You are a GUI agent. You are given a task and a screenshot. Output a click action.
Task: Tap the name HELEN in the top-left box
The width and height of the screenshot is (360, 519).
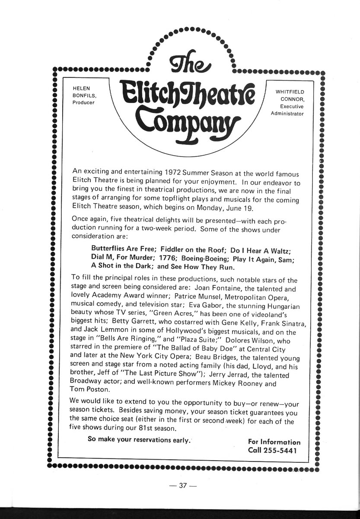click(81, 88)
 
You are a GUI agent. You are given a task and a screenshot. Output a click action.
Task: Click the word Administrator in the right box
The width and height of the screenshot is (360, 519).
click(287, 114)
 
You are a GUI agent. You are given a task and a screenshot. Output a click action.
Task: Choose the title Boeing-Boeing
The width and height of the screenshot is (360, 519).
click(203, 259)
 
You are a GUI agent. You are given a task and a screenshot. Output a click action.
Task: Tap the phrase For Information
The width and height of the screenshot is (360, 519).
click(274, 442)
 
